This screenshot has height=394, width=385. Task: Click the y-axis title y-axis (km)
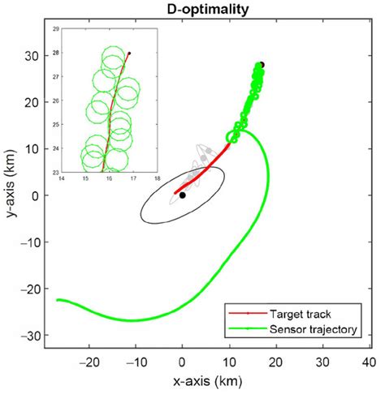click(10, 184)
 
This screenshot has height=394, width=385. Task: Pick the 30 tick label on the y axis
click(31, 56)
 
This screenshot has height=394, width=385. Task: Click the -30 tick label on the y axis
click(28, 335)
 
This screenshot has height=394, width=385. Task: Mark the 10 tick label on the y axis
click(31, 149)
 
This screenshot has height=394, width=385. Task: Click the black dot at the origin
click(183, 195)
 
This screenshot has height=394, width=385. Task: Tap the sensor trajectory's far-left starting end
click(56, 300)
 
